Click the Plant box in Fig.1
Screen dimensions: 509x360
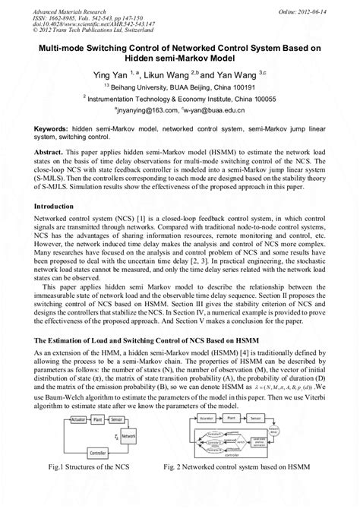(88, 420)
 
